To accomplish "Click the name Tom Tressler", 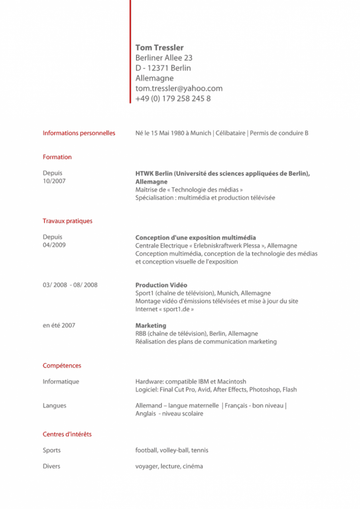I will click(159, 48).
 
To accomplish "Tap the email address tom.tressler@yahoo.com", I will click(179, 88).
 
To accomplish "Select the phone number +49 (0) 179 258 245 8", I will click(173, 98).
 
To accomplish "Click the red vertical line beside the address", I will click(130, 52).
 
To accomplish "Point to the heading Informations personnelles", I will click(79, 133).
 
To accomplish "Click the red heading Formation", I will click(57, 157).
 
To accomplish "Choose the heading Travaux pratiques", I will click(67, 221).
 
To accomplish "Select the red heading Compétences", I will click(62, 366).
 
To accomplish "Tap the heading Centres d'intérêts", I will click(67, 434).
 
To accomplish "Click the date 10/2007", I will click(54, 181).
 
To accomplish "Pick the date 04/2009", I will click(54, 245).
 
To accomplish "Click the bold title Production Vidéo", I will click(161, 285).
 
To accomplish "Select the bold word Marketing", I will click(151, 326).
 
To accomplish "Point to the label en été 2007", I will click(59, 326).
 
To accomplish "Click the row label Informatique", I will click(61, 382).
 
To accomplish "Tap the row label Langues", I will click(55, 406).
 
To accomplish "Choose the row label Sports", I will click(52, 450).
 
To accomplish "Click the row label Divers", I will click(51, 466).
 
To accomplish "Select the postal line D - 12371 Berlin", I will click(163, 68).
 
